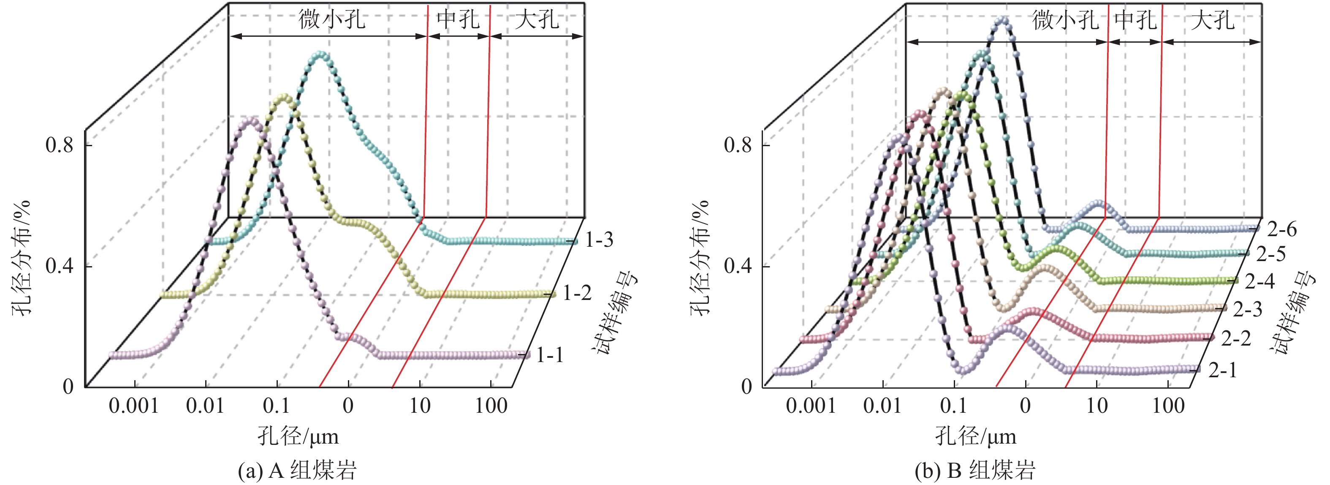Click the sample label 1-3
[x=599, y=240]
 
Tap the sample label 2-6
[x=1282, y=229]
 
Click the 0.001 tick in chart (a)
[x=133, y=406]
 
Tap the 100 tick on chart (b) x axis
[x=1168, y=406]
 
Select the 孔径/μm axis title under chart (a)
[x=299, y=437]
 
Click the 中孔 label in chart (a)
[x=458, y=19]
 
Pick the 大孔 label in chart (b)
[x=1213, y=21]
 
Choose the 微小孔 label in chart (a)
[x=332, y=19]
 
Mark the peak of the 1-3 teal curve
[x=320, y=54]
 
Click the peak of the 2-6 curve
[x=1003, y=20]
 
